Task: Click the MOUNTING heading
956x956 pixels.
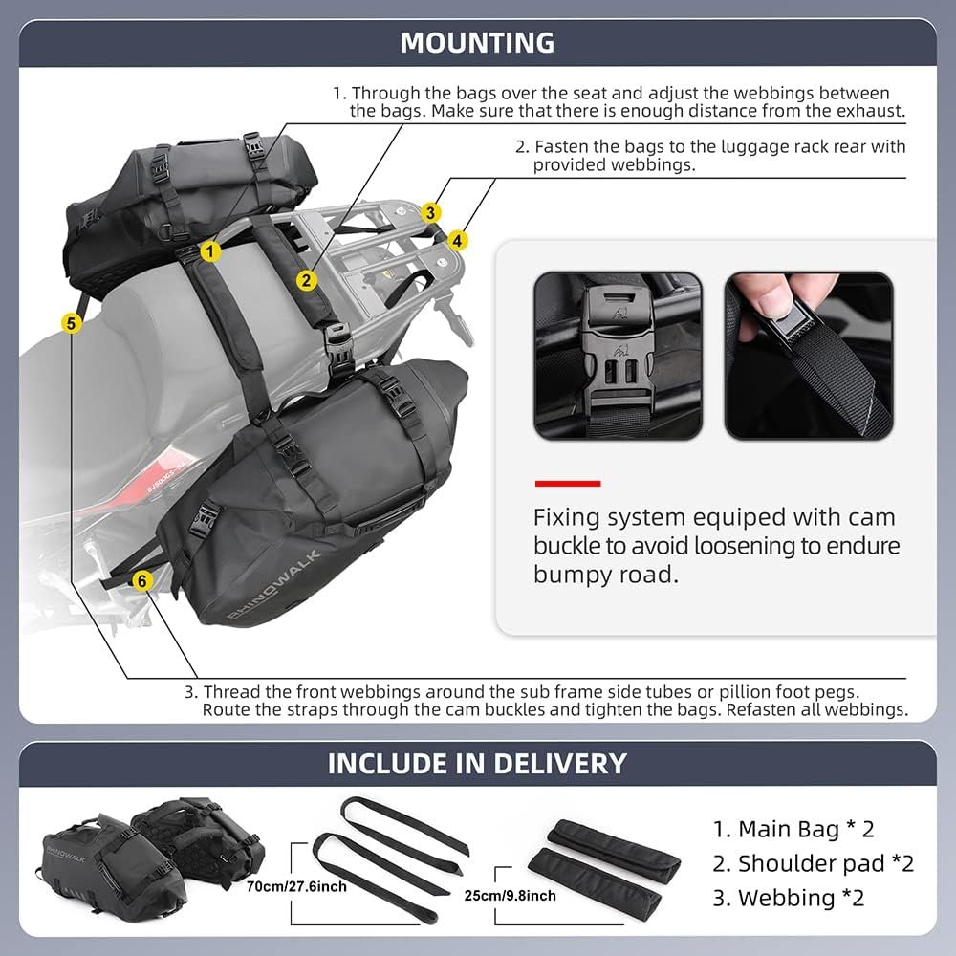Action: pos(477,43)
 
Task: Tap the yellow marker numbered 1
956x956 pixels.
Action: pos(211,251)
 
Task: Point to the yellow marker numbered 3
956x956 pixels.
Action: pos(432,212)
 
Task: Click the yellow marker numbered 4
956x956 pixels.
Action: pos(458,241)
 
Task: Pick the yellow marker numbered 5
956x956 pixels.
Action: pos(71,323)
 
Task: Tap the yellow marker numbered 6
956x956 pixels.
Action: pos(141,579)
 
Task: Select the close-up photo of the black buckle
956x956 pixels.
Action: pos(617,356)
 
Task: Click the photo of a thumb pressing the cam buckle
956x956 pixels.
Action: pos(808,356)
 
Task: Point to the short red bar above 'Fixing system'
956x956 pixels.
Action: pos(567,484)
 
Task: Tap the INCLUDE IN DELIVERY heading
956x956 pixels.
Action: pos(477,763)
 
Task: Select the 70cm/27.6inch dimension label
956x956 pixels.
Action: pos(296,886)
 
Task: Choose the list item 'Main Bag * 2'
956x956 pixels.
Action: pos(793,829)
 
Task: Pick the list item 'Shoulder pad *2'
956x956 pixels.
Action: pos(813,863)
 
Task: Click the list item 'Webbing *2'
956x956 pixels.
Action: pos(788,898)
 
